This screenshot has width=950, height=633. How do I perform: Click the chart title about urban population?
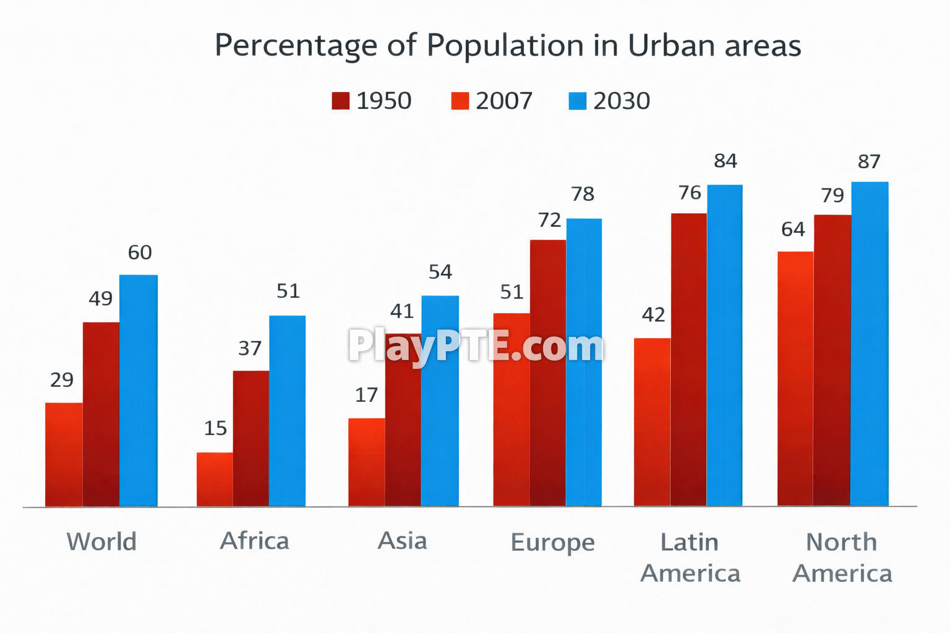pos(507,45)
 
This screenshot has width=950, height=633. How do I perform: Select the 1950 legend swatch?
pos(340,101)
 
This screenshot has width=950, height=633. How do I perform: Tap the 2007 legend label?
pos(503,101)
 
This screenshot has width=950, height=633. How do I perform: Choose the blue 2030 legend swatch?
pos(576,101)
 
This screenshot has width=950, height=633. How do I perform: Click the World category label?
pos(101,542)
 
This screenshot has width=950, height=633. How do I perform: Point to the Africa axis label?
pos(254,541)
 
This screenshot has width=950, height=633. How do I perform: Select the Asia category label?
pos(402,541)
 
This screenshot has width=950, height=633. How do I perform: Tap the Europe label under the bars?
pos(552,543)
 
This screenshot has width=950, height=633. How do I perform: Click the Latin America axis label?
pos(690,558)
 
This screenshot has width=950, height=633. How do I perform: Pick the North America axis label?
pos(842,558)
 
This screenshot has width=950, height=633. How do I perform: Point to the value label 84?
pos(725,161)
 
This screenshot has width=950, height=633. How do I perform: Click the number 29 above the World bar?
pos(62,380)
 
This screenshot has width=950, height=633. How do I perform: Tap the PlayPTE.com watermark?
pos(476,346)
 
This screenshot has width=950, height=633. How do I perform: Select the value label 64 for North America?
pos(793,230)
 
